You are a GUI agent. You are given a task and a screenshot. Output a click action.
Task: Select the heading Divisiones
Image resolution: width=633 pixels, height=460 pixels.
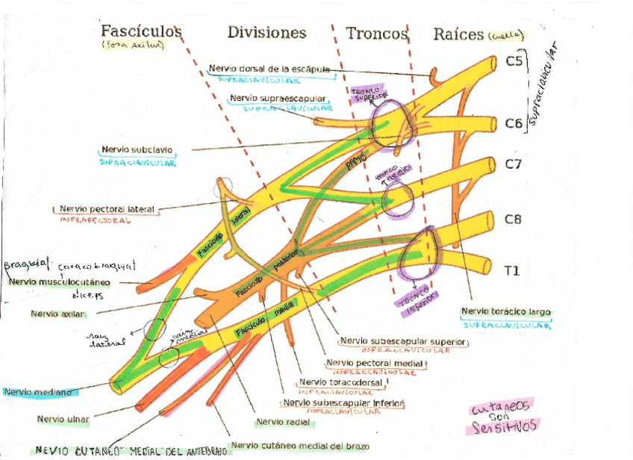[x=266, y=32]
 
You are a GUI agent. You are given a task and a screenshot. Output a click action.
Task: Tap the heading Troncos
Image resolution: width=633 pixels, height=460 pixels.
[x=377, y=34]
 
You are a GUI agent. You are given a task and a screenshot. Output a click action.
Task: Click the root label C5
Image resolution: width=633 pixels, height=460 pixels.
[x=514, y=62]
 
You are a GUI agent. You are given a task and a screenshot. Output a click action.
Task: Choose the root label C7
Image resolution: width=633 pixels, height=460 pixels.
[x=513, y=164]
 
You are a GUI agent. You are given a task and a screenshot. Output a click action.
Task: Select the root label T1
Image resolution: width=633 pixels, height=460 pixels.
[x=512, y=270]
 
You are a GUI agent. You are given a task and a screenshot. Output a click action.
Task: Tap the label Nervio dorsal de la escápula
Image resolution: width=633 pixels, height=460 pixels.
[x=269, y=69]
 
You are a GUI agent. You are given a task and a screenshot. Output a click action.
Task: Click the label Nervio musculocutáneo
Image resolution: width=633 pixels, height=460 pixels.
[x=60, y=282]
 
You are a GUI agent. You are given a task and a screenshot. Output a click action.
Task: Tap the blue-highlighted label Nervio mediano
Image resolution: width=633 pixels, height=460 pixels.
[x=37, y=391]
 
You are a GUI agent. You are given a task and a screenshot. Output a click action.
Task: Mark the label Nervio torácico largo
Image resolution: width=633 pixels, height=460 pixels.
[x=507, y=311]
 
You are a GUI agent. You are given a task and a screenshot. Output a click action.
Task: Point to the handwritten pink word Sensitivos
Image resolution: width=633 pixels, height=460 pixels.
[x=502, y=426]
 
